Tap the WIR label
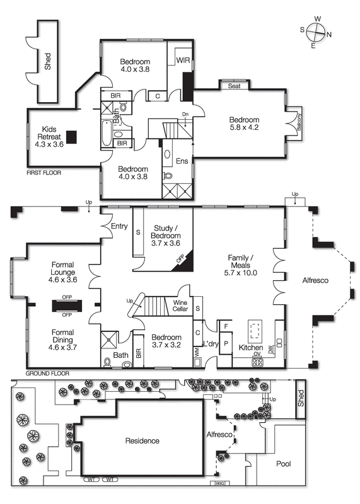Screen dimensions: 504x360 tap(183, 60)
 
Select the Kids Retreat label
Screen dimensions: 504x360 tap(49, 134)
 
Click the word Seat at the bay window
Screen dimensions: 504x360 tap(235, 86)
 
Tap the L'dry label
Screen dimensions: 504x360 tap(210, 343)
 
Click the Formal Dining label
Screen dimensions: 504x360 tap(54, 336)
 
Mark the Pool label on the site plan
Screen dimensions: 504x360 tap(284, 463)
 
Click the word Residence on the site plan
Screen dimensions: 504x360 tap(142, 441)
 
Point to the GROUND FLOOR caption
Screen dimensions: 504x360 tap(47, 374)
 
